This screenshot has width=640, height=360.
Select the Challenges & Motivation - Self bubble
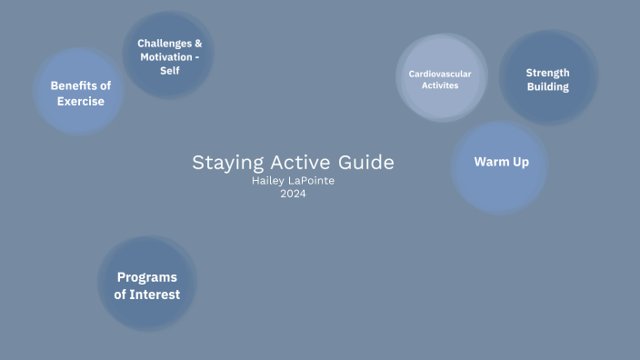tap(169, 55)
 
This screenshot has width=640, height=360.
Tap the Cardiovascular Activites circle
tap(441, 79)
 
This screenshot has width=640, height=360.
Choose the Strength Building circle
tap(548, 79)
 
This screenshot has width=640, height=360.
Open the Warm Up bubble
tap(500, 164)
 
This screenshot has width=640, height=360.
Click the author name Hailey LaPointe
tap(293, 180)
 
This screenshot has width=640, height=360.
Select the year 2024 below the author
tap(293, 193)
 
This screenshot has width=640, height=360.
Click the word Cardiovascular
tap(440, 73)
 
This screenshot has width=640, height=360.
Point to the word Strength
tap(547, 73)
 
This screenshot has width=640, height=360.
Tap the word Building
tap(547, 87)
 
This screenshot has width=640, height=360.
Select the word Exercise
tap(80, 101)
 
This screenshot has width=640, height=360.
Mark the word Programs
tap(146, 277)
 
